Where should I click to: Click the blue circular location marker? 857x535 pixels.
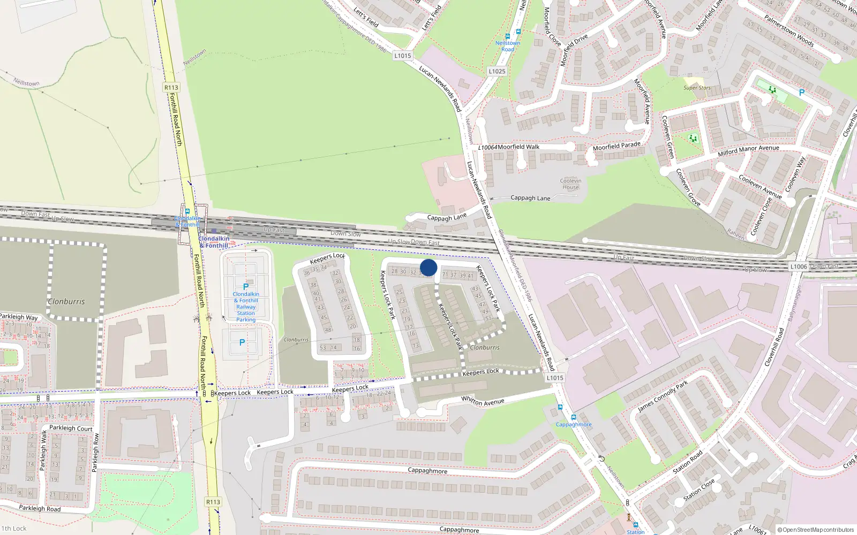(x=428, y=267)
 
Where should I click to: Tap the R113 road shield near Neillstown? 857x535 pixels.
(x=171, y=87)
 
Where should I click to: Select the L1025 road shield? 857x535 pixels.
(x=497, y=71)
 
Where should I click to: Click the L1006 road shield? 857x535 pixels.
(x=798, y=266)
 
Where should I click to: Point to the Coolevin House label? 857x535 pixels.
(x=570, y=184)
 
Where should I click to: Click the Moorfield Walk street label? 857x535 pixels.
(x=518, y=147)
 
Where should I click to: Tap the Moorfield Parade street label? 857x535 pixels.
(x=617, y=146)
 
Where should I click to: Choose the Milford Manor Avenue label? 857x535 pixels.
(x=748, y=151)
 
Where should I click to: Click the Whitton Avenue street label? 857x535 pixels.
(x=483, y=401)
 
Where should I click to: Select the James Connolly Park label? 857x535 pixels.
(x=662, y=396)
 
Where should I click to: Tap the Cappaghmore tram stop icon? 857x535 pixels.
(x=573, y=417)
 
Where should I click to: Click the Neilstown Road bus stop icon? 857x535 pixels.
(x=507, y=36)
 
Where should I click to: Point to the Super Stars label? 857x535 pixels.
(x=697, y=88)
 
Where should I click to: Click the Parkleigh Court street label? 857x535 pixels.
(x=71, y=428)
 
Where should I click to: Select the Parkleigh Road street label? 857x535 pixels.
(x=40, y=508)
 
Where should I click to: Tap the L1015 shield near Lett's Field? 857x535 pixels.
(x=402, y=56)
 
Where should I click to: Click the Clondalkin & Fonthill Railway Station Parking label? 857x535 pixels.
(x=246, y=307)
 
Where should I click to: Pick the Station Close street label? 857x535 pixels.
(x=699, y=490)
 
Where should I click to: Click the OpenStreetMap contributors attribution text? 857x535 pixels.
(x=818, y=530)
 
